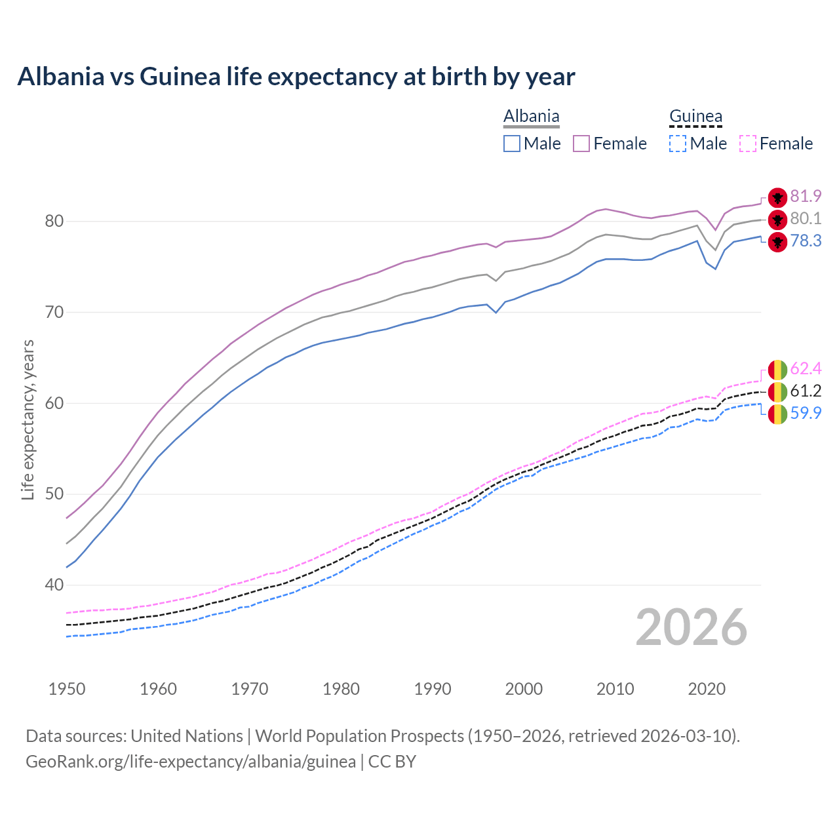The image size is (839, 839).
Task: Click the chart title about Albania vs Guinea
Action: click(x=296, y=77)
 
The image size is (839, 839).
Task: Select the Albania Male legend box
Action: click(x=512, y=144)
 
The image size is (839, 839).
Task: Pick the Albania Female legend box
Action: click(x=581, y=144)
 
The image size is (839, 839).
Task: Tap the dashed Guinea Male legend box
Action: click(x=678, y=144)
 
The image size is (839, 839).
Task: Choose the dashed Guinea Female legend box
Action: click(x=747, y=144)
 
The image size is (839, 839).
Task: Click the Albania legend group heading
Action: click(x=531, y=117)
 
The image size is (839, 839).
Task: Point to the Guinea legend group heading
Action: click(x=695, y=117)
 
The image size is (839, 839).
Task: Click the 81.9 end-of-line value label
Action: click(x=806, y=197)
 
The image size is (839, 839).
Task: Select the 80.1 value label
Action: click(x=806, y=219)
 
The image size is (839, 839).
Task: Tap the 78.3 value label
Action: click(x=806, y=241)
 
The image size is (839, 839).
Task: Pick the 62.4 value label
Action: click(x=806, y=369)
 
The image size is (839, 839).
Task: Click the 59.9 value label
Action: click(x=806, y=414)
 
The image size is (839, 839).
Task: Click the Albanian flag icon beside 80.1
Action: click(x=777, y=220)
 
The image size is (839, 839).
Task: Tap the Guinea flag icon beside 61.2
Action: click(x=777, y=392)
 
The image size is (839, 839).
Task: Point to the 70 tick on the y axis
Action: click(x=54, y=313)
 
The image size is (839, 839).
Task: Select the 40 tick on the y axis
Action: click(x=54, y=585)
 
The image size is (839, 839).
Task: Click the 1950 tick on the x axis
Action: click(x=67, y=689)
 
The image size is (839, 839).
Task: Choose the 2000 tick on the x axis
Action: click(x=524, y=689)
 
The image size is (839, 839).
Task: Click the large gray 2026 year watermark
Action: click(x=691, y=628)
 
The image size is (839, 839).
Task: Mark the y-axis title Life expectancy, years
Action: click(x=28, y=419)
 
